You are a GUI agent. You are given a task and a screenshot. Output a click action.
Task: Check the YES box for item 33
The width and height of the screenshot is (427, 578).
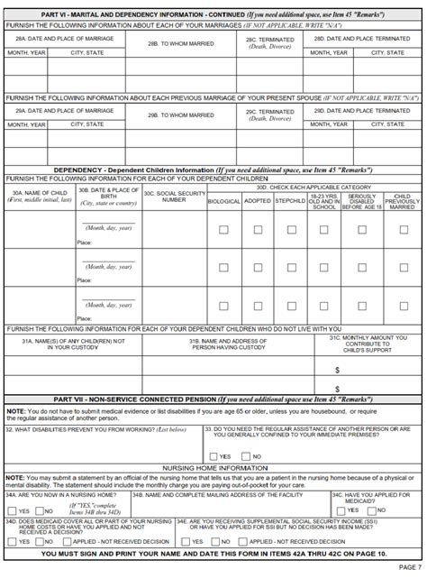[213, 456]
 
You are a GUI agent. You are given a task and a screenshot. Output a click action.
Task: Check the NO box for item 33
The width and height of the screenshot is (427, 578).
[246, 456]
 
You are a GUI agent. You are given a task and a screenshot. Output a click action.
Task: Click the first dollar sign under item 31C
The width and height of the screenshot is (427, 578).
[337, 370]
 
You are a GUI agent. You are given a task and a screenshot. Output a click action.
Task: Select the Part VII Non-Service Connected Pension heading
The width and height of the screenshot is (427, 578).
[213, 398]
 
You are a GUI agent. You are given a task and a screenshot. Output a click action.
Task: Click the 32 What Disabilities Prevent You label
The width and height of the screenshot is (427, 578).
[90, 430]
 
